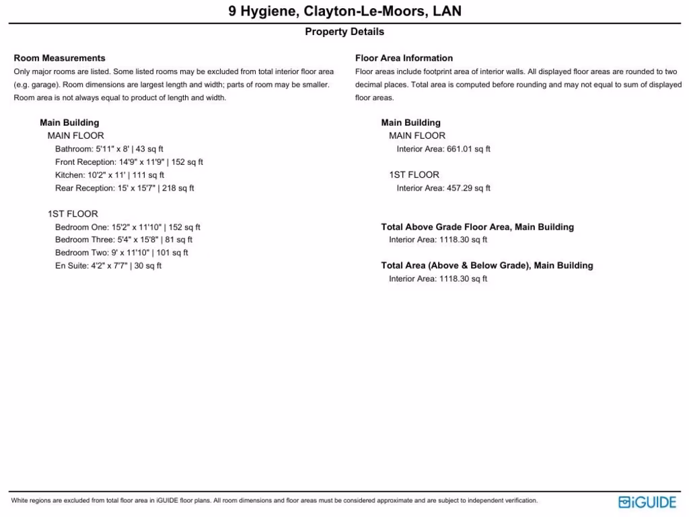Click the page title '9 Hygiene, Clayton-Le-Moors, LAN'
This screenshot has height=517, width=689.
tap(344, 11)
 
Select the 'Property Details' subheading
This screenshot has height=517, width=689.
tap(344, 32)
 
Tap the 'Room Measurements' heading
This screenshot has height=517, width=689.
tap(59, 58)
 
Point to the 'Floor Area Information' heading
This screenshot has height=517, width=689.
tap(404, 58)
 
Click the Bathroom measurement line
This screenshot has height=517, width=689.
tap(109, 149)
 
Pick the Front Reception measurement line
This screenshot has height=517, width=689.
tap(129, 162)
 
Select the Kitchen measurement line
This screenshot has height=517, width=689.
tap(110, 175)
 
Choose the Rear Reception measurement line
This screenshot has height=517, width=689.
tap(124, 188)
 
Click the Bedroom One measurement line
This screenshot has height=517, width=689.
tap(128, 228)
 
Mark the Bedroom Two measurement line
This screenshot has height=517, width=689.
tap(122, 253)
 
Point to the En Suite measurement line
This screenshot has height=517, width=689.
tap(108, 266)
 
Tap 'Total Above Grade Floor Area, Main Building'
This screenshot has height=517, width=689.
tap(477, 228)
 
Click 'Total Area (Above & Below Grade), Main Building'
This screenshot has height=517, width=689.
tap(487, 266)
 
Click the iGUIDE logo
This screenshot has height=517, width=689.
tap(647, 502)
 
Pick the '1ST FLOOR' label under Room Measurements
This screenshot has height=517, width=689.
tap(73, 214)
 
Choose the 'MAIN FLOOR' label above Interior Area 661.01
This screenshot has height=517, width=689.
tap(417, 136)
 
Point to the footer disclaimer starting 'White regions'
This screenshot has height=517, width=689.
tap(274, 501)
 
